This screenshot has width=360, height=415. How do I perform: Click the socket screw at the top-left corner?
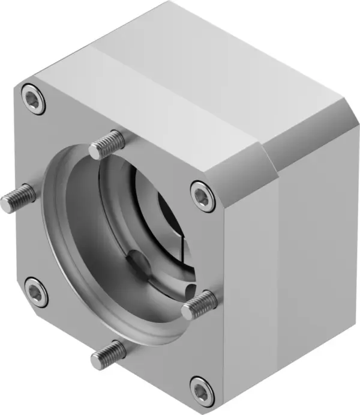(34, 100)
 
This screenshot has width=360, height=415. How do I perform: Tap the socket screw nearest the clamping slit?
(203, 196)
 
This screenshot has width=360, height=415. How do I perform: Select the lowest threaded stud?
(109, 354)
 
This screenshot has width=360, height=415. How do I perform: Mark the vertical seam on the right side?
(279, 270)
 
